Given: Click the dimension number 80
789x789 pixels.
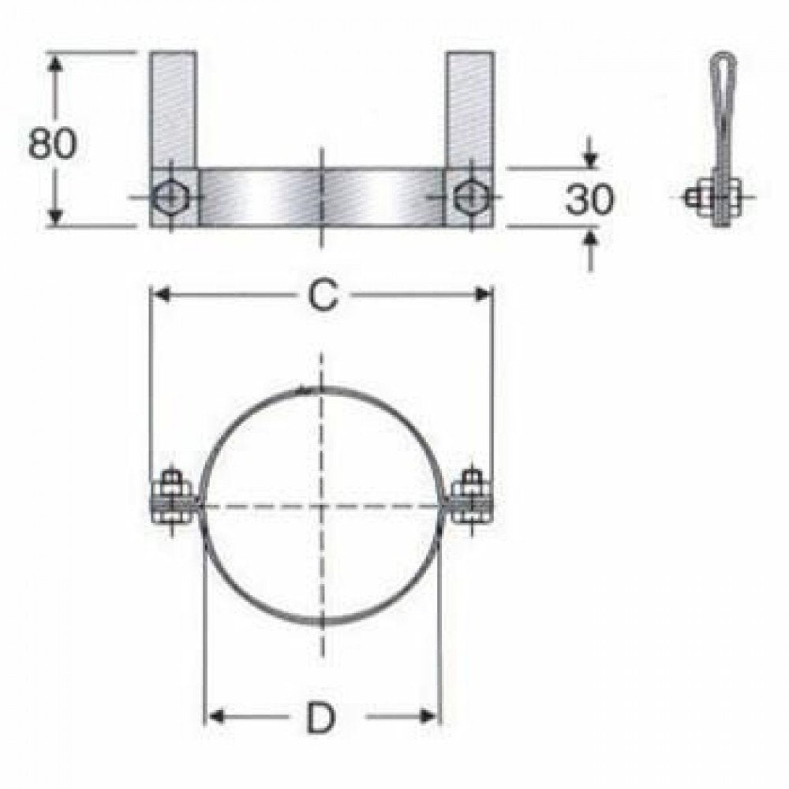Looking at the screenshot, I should tap(53, 143).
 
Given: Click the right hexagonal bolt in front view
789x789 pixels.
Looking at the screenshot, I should tap(469, 196).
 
